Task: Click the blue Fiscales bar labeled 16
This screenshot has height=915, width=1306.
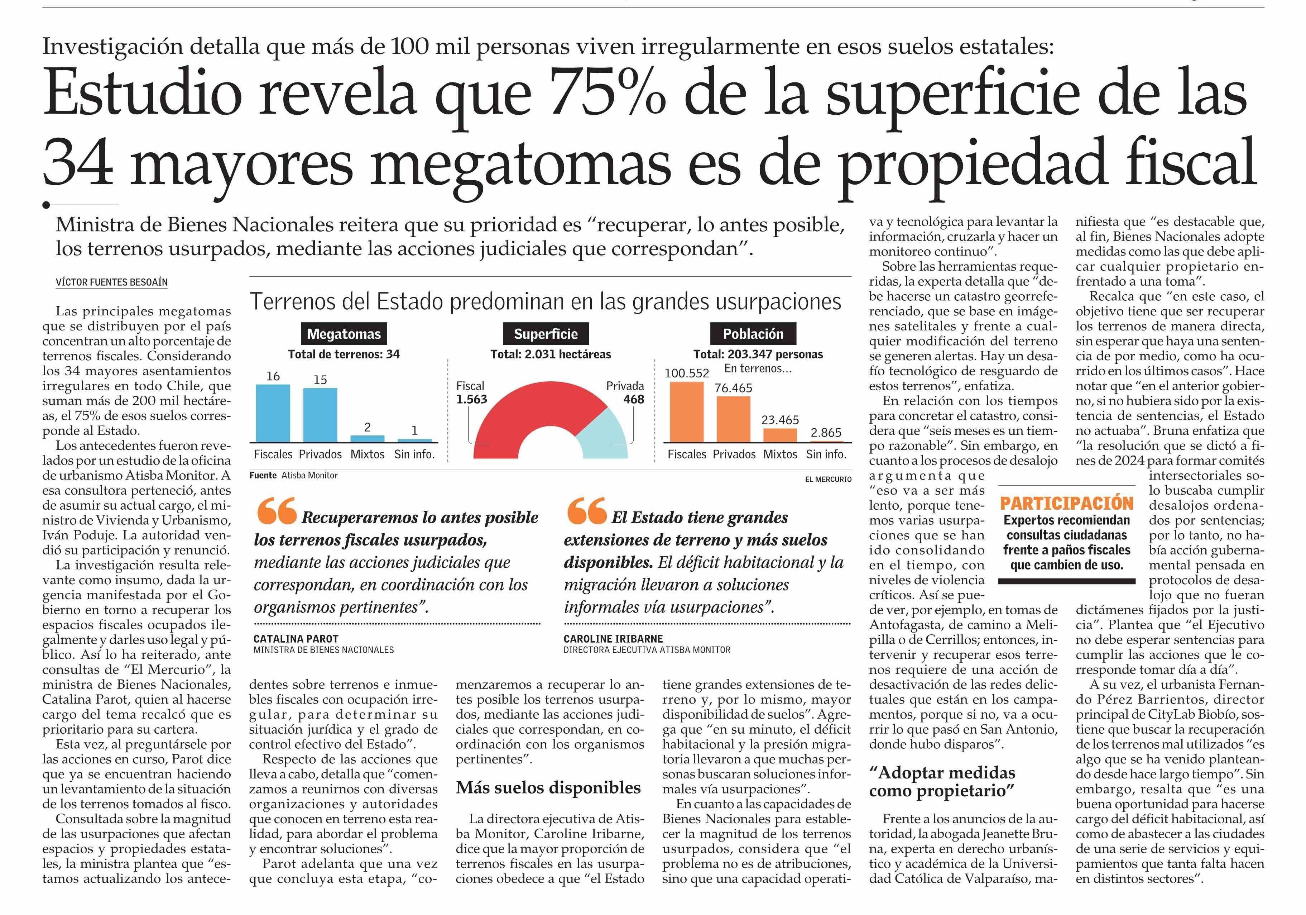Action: [273, 413]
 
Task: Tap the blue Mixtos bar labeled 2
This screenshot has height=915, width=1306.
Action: [368, 438]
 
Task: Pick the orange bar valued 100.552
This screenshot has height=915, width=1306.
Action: [687, 411]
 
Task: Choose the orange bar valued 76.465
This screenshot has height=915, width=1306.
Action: [734, 419]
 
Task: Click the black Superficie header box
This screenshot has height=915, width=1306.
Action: [546, 334]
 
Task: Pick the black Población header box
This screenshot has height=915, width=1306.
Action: [753, 334]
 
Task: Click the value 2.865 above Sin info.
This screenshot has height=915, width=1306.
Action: [826, 433]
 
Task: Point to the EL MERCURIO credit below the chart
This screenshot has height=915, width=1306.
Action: [828, 480]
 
